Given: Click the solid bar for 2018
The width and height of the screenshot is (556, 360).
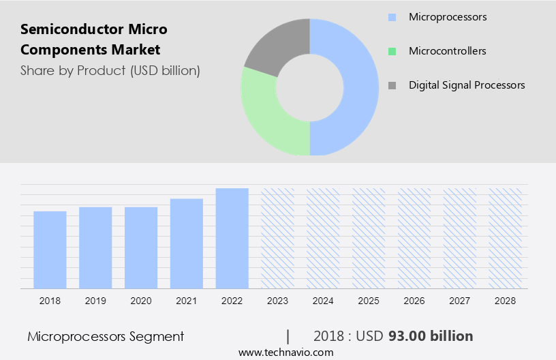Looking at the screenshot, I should [50, 250].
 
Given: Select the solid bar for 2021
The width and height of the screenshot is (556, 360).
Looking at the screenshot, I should [187, 243].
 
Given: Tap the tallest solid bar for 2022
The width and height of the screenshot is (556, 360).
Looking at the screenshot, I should [232, 238].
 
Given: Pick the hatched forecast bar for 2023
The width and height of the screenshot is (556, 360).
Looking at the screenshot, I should [278, 238].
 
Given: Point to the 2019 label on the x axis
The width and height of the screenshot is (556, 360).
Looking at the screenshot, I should [95, 301].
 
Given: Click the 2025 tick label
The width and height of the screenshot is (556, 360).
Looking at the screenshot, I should [369, 301].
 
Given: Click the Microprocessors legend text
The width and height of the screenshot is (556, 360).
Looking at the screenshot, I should [448, 16].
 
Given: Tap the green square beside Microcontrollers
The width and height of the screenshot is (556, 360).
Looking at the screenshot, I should [391, 51].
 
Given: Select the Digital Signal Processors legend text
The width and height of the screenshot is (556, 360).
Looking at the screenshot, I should [467, 85].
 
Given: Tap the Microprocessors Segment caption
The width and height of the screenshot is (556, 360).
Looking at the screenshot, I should [106, 336].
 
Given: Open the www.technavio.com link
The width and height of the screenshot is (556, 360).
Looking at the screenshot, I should [285, 352].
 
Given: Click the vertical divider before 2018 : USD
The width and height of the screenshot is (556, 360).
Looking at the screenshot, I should [288, 336].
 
